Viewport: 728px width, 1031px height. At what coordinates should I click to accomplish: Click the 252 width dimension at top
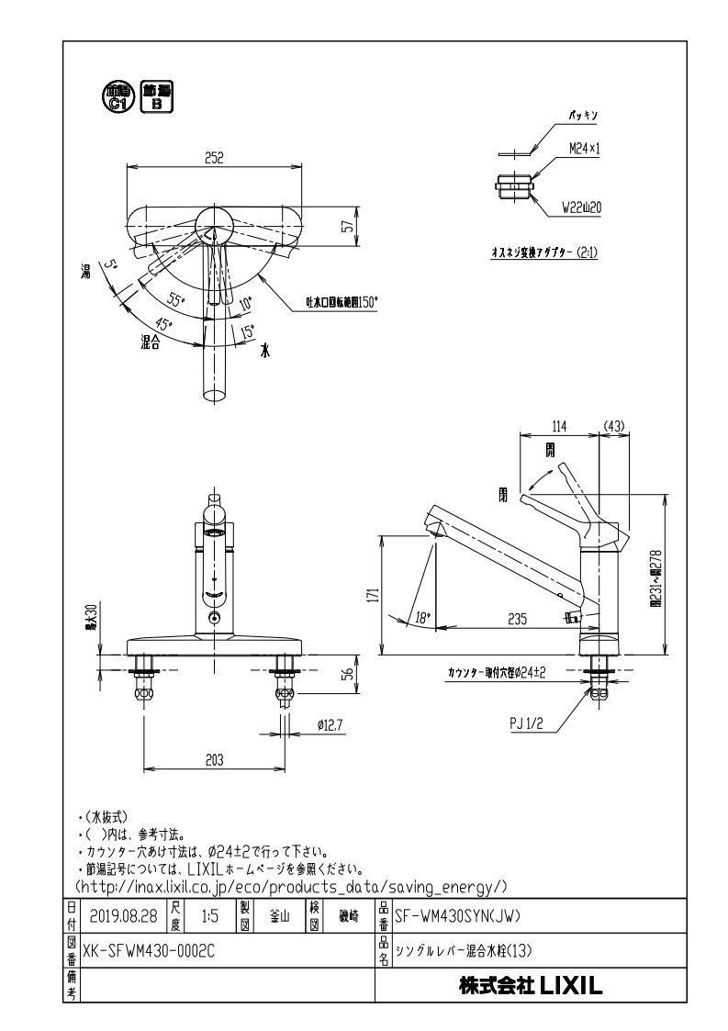point(214,157)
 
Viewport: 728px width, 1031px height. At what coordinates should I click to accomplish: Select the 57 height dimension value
point(347,227)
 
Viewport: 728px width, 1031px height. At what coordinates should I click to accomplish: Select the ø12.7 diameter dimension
point(329,724)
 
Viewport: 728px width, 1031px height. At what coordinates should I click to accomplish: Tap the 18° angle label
point(422,618)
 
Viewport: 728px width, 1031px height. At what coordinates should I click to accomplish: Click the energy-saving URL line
point(290,886)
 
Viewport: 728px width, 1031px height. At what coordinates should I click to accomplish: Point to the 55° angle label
point(174,301)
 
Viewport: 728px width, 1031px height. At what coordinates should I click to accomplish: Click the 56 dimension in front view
point(347,674)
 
